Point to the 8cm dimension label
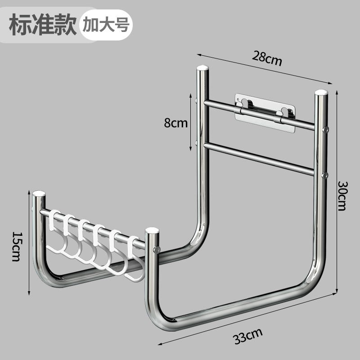click(175, 123)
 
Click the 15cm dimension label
click(17, 247)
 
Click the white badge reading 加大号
click(106, 25)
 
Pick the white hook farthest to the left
click(56, 234)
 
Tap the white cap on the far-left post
click(39, 194)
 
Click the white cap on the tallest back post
click(203, 68)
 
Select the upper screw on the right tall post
click(326, 130)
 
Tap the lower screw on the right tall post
click(325, 175)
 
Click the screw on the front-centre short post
click(157, 249)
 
